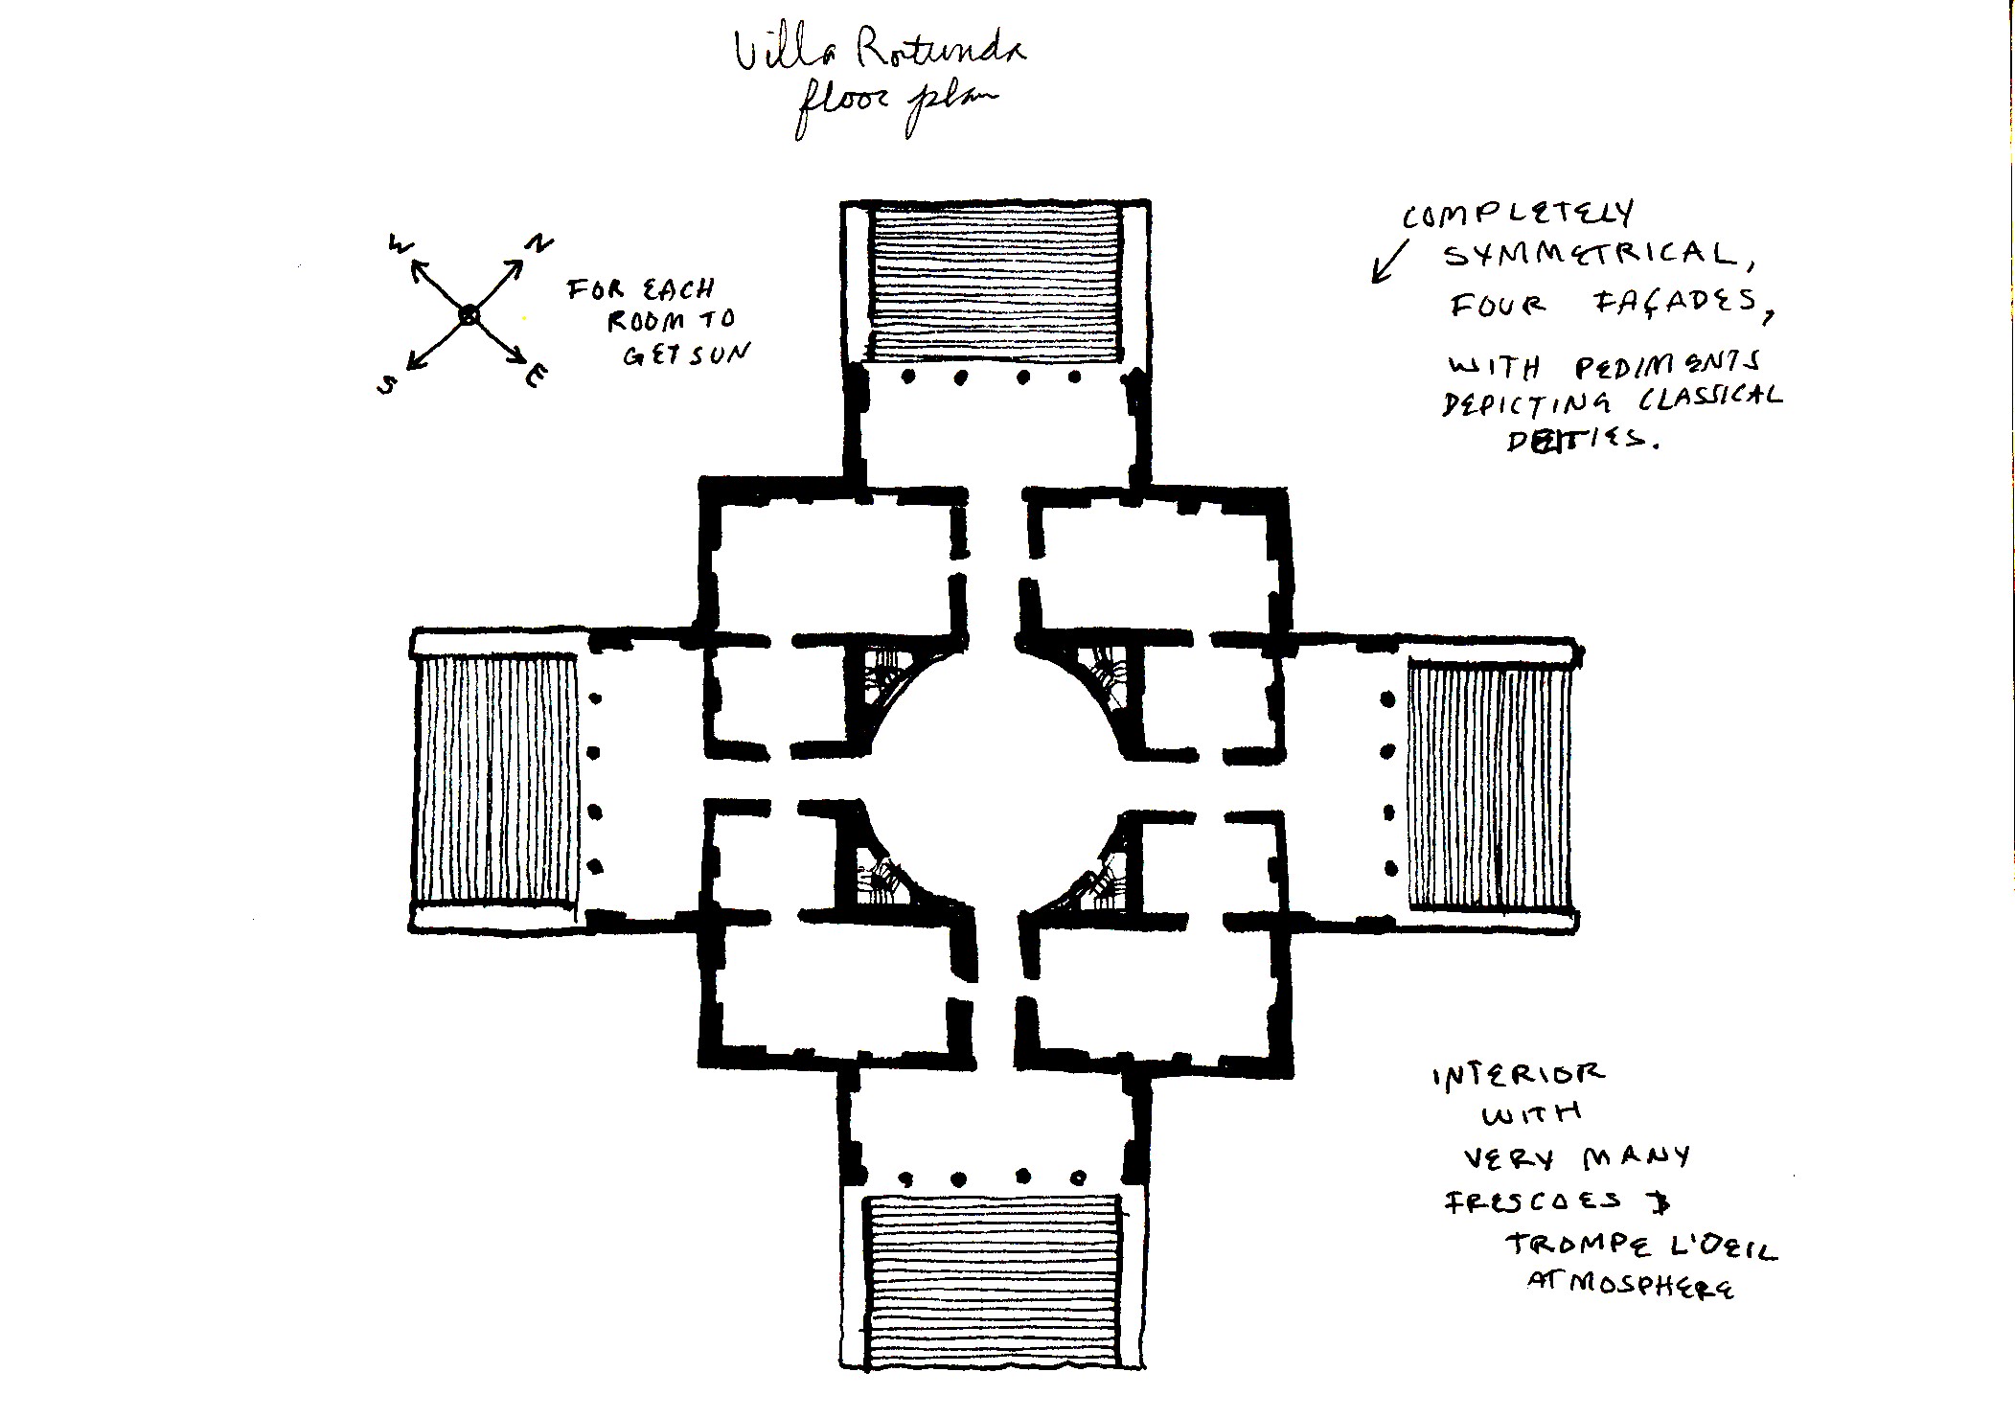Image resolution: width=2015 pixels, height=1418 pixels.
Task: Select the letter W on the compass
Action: (399, 245)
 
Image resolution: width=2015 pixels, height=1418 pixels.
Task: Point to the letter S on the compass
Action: (387, 384)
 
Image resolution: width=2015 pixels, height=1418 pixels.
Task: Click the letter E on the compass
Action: (537, 377)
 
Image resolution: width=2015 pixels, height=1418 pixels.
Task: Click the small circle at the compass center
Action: (469, 314)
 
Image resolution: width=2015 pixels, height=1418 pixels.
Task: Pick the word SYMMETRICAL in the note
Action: (1590, 255)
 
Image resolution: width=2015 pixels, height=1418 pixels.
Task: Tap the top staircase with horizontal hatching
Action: (996, 282)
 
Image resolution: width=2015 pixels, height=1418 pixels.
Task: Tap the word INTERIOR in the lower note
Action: (1518, 1074)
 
